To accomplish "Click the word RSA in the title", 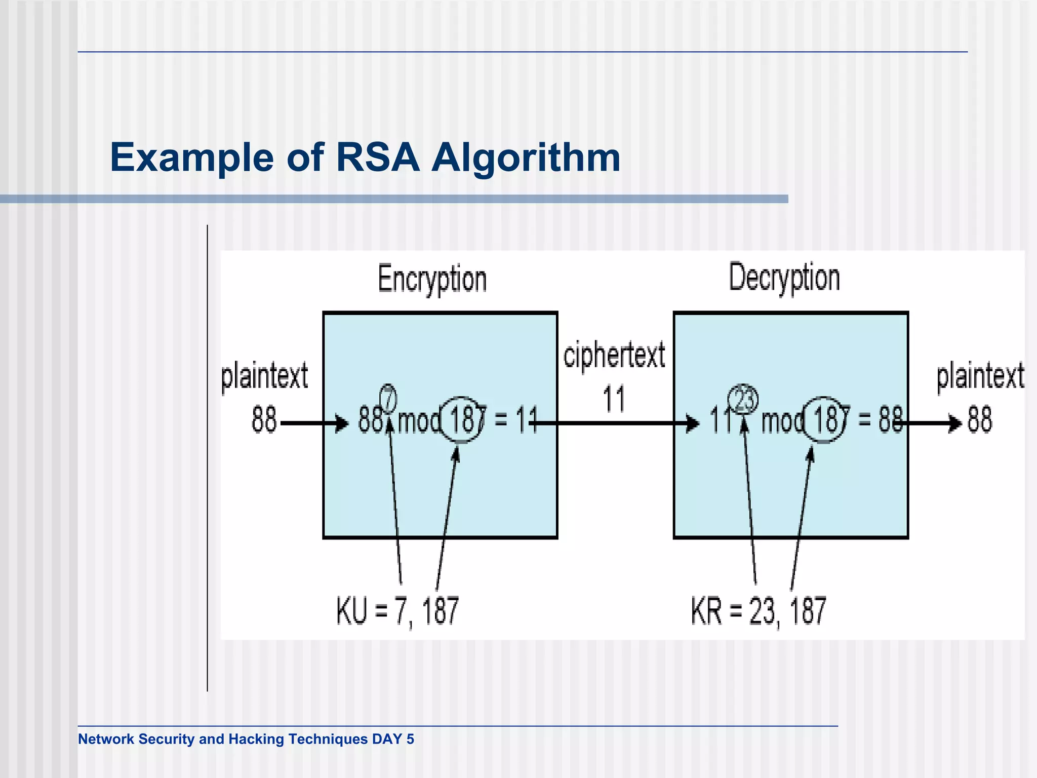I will (378, 158).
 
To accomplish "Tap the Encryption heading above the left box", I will (432, 279).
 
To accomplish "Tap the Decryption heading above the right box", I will (784, 278).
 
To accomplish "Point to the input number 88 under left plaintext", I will (264, 420).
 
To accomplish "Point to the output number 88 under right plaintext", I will (980, 420).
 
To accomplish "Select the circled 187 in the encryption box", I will (461, 420).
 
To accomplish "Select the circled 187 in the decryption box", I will (824, 420).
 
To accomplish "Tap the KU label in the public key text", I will (351, 611).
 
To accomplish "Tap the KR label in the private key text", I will (706, 611).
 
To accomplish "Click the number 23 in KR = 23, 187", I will (762, 611).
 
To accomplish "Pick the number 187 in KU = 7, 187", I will (440, 611).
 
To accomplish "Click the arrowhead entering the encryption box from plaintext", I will (342, 423).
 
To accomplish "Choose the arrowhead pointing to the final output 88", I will (955, 423).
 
